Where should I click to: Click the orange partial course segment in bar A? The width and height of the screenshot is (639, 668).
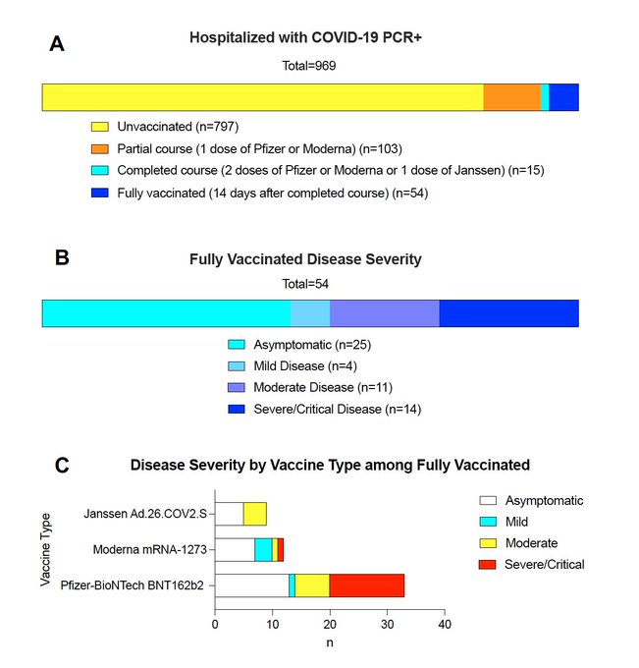point(511,97)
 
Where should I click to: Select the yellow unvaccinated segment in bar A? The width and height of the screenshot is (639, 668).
point(262,97)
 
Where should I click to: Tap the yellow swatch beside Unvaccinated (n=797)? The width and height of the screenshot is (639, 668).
point(100,127)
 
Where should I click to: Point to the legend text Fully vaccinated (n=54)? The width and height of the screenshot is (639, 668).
point(272,194)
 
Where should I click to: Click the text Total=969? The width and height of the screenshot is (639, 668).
point(309,67)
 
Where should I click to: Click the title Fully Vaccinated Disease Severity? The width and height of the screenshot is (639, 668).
point(305,260)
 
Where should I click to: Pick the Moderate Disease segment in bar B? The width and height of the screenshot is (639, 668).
point(384,313)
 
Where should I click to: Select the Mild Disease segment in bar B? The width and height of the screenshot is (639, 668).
point(310,313)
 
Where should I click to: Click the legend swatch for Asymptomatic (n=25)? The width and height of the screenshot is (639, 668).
point(237,345)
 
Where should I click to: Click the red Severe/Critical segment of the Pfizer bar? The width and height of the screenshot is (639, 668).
point(366,585)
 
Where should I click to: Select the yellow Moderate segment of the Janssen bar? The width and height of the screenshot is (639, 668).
point(254,513)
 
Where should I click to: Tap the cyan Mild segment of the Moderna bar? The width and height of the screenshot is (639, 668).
point(263,549)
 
